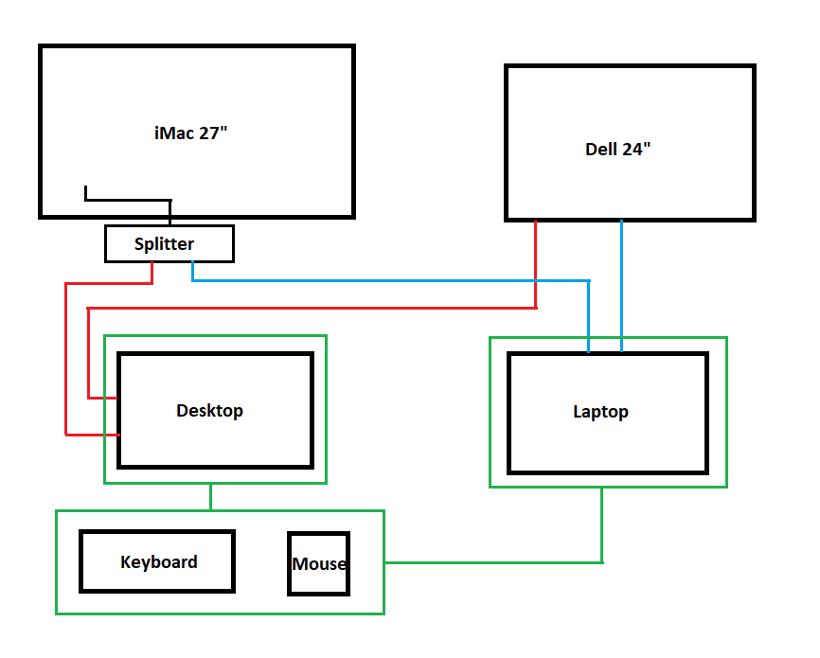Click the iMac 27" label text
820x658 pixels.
190,133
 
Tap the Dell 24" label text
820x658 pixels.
618,150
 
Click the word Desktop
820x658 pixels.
209,411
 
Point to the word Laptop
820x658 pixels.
600,412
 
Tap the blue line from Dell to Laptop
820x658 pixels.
622,284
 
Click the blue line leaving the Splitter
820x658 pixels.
379,280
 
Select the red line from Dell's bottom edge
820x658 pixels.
536,265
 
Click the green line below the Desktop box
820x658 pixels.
210,497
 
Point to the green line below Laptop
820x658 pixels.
602,525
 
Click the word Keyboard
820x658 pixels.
159,561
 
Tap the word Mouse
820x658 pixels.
319,564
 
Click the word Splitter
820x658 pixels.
164,244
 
